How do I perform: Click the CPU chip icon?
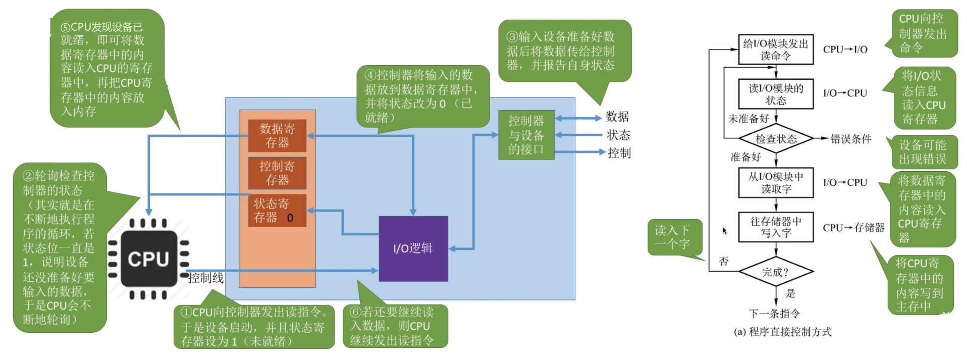point(148,259)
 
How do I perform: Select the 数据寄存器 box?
point(277,135)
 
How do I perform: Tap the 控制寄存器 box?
point(277,173)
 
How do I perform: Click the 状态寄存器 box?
point(277,211)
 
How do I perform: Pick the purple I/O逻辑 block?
point(413,248)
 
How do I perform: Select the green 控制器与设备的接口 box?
point(526,135)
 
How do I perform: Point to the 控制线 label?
point(205,278)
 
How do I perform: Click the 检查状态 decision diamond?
point(776,139)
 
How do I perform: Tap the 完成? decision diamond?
point(776,272)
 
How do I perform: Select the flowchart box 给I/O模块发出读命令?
point(776,49)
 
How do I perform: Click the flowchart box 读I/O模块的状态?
point(776,94)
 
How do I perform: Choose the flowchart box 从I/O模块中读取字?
point(776,183)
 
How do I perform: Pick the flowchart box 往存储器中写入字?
point(776,227)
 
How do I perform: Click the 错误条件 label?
point(851,139)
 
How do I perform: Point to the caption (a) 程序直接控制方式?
point(782,332)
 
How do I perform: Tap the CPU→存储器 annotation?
point(853,228)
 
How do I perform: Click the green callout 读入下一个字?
point(673,237)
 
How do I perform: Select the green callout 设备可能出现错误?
point(923,152)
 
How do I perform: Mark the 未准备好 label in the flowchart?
point(748,119)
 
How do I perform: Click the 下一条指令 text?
point(774,314)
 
